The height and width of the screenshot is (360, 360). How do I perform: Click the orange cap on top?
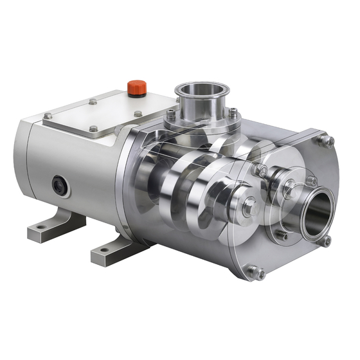(135, 87)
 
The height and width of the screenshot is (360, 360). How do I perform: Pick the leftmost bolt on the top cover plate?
(48, 116)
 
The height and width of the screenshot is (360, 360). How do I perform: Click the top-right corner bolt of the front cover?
(327, 141)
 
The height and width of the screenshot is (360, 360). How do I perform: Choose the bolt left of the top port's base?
(170, 115)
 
